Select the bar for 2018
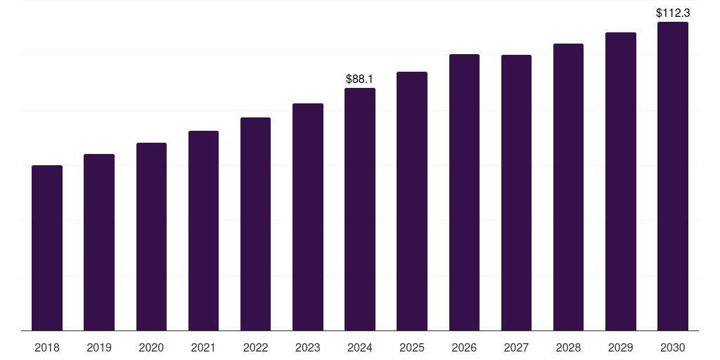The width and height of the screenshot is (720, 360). click(47, 248)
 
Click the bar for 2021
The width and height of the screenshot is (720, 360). click(203, 231)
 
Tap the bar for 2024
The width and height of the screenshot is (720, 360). click(360, 210)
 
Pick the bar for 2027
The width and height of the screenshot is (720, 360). click(516, 193)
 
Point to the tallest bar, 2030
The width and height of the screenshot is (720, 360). click(673, 176)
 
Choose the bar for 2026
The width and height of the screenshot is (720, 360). click(464, 193)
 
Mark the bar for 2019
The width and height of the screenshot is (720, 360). click(99, 243)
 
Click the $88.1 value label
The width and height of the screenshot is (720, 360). click(359, 79)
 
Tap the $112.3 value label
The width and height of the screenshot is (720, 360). click(673, 13)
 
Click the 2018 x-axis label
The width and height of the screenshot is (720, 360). click(47, 347)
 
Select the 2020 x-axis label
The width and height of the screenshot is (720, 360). click(151, 347)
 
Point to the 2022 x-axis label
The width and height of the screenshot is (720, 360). click(255, 347)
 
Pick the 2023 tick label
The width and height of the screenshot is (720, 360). click(308, 347)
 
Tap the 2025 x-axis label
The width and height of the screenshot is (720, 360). click(412, 347)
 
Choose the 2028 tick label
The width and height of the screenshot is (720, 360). click(568, 347)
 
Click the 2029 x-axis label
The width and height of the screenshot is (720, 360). click(620, 347)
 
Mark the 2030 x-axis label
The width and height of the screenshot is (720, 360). click(673, 347)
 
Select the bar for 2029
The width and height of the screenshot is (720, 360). click(621, 181)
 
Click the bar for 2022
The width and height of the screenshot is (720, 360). click(255, 224)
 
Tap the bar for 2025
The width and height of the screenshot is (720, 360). click(412, 201)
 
